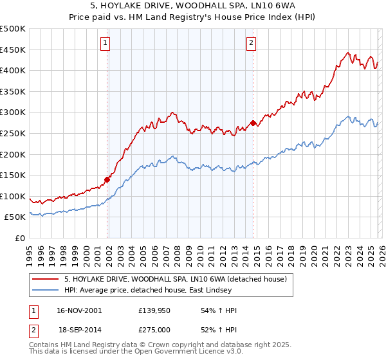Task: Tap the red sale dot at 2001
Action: (107, 179)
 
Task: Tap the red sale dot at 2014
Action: (253, 123)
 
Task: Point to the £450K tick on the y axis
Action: (13, 50)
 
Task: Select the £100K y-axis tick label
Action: (13, 196)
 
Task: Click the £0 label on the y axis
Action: (21, 238)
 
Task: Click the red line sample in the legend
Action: (46, 278)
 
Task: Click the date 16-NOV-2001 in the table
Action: (79, 310)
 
